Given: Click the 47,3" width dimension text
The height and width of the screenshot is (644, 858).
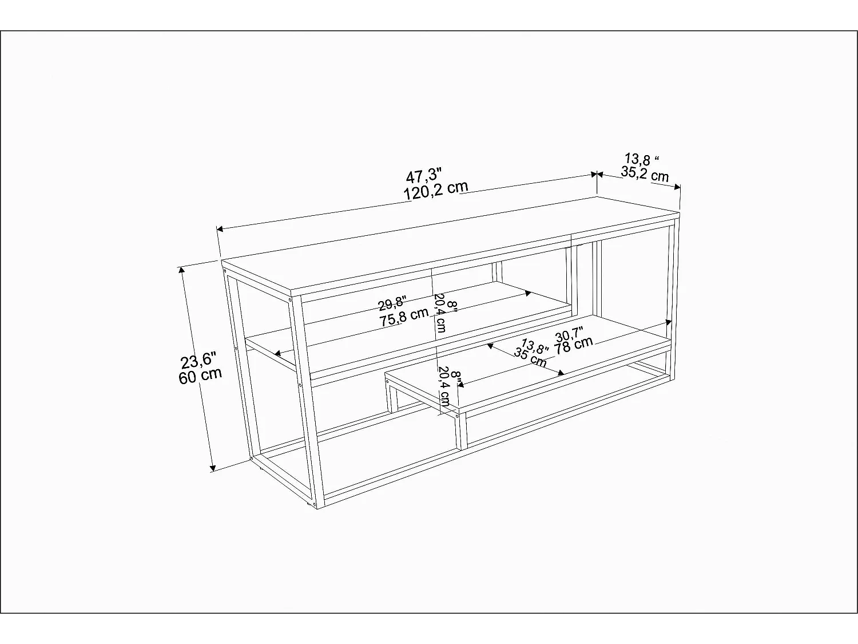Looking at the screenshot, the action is [424, 175].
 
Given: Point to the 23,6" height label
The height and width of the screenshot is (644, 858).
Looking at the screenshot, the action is [198, 361].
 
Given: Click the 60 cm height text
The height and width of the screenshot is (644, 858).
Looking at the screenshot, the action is [200, 376].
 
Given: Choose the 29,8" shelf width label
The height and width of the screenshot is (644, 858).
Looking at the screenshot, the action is [392, 303].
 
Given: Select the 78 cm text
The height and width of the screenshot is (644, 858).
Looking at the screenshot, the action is [574, 345].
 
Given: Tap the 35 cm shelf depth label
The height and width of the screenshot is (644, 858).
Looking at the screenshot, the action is [530, 358].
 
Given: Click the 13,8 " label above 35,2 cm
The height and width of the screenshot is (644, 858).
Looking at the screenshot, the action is [642, 159].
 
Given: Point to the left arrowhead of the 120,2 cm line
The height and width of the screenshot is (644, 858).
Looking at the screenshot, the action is [220, 229].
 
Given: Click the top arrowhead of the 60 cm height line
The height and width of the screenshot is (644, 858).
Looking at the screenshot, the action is [181, 270].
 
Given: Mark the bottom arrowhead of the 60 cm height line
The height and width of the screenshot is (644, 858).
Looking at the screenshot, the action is [213, 468].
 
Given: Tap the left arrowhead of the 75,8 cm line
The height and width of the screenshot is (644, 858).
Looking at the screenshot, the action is [277, 353].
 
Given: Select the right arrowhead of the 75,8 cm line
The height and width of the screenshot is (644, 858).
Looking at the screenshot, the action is [529, 293].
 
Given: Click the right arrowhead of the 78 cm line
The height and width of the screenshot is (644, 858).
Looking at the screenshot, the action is [669, 322].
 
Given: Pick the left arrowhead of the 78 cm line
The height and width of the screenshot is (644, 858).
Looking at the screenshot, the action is [460, 385].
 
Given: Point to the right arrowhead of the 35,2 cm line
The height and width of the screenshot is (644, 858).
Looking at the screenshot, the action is [677, 187].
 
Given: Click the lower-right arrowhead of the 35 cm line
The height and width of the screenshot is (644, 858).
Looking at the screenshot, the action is [561, 373].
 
